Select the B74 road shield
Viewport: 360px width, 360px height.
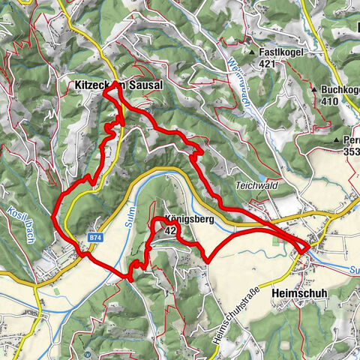coord(94,237)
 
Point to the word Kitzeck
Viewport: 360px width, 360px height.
coord(94,85)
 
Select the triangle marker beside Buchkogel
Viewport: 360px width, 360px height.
coord(313,89)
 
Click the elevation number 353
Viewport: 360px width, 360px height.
coord(351,151)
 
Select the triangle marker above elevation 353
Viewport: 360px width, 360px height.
coord(337,140)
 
